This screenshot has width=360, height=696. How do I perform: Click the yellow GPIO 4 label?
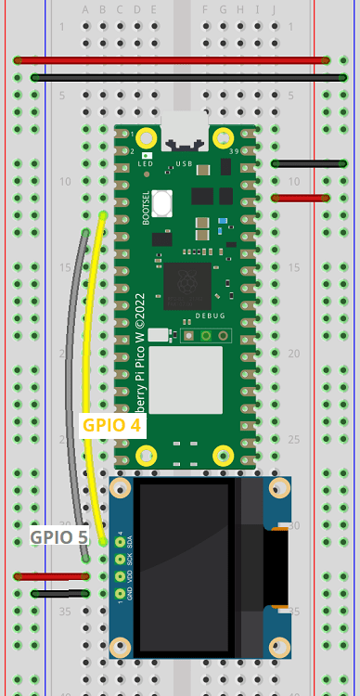coord(112,426)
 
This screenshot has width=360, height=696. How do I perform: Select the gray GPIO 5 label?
coord(58,536)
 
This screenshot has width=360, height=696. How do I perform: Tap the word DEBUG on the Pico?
coord(210,316)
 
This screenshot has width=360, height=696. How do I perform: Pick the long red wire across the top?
coord(172,60)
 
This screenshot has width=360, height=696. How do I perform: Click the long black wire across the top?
coord(181,78)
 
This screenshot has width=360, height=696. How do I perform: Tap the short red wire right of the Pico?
coord(300,198)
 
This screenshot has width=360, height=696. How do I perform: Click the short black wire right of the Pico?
coord(300,163)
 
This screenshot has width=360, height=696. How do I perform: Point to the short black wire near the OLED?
coord(59,593)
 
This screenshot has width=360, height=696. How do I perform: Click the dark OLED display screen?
coord(184,566)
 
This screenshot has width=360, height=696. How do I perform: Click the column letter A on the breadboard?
coord(86,10)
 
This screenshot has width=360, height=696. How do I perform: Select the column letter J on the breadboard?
coord(275,10)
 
